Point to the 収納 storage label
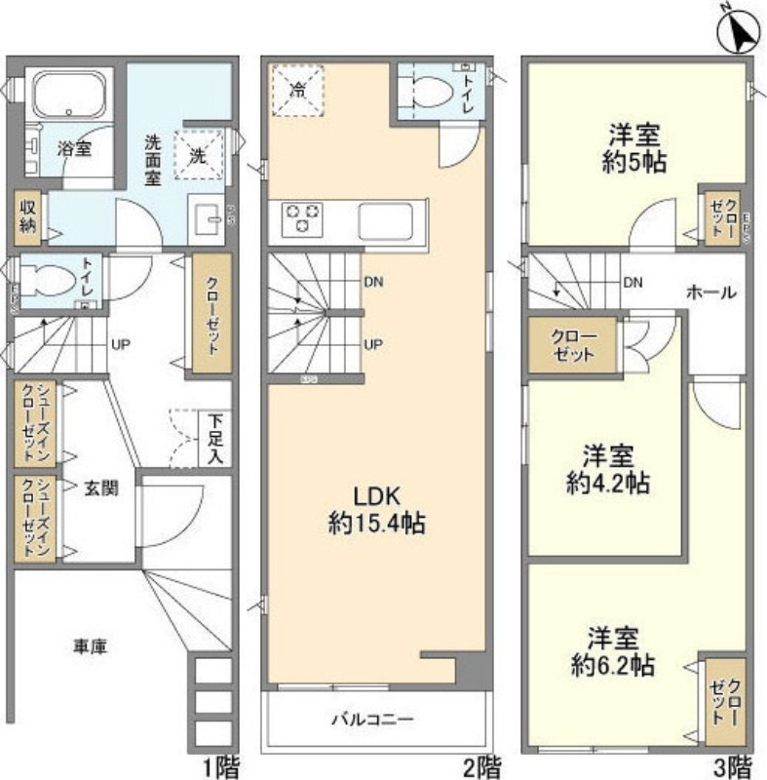(28, 215)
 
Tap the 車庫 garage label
(92, 645)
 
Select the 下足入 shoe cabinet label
(214, 441)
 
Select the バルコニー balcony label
(371, 721)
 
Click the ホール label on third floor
(710, 292)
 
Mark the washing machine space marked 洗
(198, 154)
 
